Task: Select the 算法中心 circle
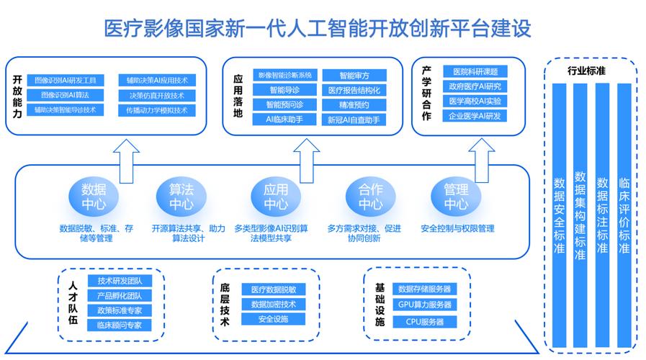(181, 197)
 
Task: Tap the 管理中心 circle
(455, 197)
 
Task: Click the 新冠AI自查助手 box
(354, 120)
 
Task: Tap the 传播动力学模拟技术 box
(156, 110)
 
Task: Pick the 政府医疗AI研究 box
(475, 86)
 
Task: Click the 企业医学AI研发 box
(475, 116)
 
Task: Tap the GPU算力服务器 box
(425, 305)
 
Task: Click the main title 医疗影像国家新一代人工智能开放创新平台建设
(318, 28)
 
